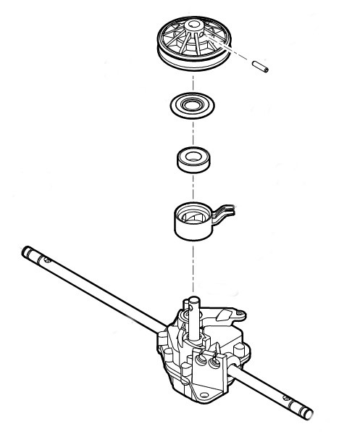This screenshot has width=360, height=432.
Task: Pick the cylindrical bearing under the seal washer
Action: [194, 160]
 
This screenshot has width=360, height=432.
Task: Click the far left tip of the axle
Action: [25, 251]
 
